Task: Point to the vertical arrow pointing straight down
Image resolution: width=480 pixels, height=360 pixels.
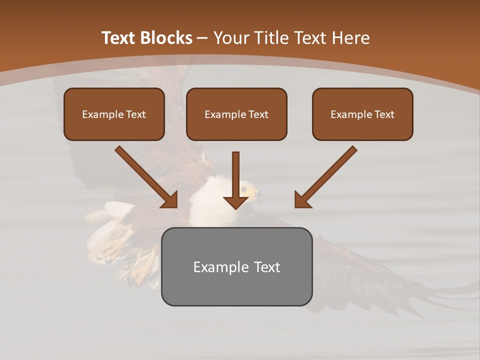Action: click(235, 180)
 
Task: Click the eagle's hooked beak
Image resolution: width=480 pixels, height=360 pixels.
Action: click(258, 196)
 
